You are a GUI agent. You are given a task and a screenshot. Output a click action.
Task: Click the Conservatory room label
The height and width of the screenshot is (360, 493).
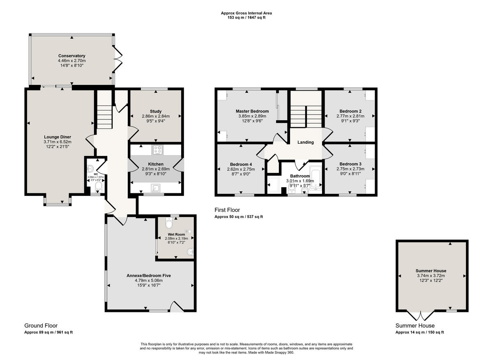click(71, 56)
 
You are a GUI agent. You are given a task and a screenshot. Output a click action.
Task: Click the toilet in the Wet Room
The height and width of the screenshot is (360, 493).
click(169, 223)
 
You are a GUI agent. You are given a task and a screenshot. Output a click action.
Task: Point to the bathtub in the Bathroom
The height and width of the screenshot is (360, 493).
click(316, 179)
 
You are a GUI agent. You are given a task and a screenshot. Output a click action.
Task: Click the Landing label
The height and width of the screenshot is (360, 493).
click(306, 142)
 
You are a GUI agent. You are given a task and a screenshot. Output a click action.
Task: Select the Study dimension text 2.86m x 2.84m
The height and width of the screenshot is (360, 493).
click(156, 116)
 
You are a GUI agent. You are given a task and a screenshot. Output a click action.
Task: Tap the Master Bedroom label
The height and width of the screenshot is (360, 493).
click(252, 111)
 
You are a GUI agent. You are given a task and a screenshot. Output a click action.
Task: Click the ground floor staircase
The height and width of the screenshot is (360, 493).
click(104, 116)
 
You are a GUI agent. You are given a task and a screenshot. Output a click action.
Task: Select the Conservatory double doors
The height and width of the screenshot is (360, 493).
click(117, 60)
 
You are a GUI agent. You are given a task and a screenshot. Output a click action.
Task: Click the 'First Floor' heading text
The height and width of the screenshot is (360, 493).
click(227, 210)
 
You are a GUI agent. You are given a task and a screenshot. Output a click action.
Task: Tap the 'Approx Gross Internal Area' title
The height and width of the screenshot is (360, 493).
click(246, 13)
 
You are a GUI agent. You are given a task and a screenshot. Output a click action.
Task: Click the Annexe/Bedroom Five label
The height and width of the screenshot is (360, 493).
click(149, 275)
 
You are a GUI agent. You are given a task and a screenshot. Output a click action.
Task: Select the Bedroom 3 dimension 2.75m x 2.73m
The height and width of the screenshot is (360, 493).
click(350, 169)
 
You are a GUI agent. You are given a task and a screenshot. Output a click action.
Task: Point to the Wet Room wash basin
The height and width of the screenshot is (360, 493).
click(190, 252)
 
